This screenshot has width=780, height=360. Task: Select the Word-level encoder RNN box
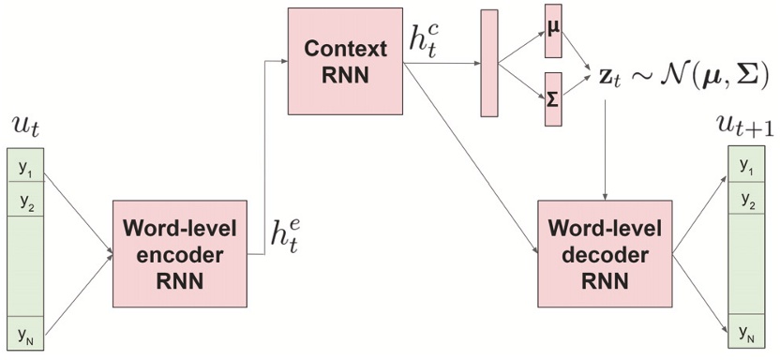[x=179, y=254]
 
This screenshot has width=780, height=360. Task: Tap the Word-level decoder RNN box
[x=605, y=254]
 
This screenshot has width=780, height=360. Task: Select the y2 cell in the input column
[x=24, y=201]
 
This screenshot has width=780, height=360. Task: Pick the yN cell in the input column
[x=24, y=332]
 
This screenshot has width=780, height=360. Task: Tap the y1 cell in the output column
[x=746, y=167]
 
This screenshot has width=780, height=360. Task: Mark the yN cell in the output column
[x=746, y=332]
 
